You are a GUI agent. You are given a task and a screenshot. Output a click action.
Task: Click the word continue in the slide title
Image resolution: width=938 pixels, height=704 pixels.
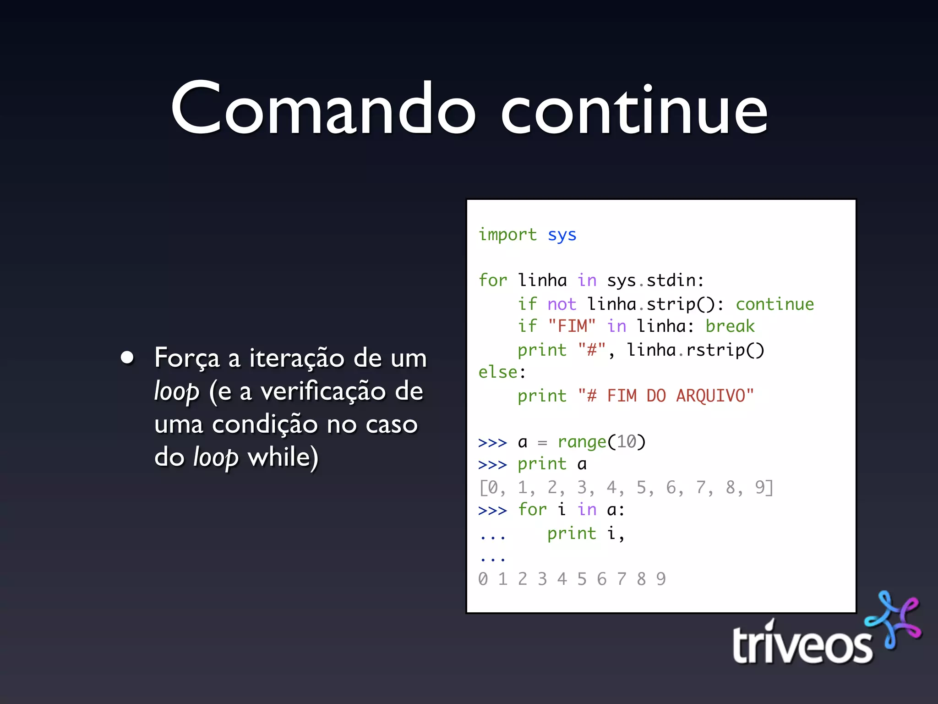(x=634, y=110)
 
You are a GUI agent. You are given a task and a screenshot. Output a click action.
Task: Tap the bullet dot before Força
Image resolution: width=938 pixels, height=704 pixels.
(x=127, y=357)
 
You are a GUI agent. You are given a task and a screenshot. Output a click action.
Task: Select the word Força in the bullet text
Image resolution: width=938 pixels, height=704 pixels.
(x=187, y=358)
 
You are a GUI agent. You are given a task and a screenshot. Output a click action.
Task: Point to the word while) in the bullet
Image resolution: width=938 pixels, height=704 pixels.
(x=283, y=457)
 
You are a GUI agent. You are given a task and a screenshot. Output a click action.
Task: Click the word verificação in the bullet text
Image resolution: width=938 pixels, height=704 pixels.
(x=323, y=392)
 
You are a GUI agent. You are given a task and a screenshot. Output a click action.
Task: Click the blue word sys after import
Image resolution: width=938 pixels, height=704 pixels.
(x=562, y=235)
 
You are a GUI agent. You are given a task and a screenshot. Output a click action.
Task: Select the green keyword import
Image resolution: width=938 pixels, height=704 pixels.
(x=507, y=235)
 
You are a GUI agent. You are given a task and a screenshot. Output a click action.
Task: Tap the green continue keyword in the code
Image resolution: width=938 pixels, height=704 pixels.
(x=774, y=304)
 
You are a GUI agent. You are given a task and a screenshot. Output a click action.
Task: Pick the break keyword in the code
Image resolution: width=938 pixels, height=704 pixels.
(x=730, y=326)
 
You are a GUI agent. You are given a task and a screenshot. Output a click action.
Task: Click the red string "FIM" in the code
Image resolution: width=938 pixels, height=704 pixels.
(x=572, y=326)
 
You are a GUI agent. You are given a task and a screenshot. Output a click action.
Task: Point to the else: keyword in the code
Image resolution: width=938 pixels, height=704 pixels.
(x=502, y=372)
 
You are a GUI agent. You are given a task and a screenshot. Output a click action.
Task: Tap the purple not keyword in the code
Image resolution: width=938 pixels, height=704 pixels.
(x=562, y=304)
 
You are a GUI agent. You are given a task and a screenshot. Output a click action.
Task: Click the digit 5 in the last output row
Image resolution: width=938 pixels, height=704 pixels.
(x=582, y=579)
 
